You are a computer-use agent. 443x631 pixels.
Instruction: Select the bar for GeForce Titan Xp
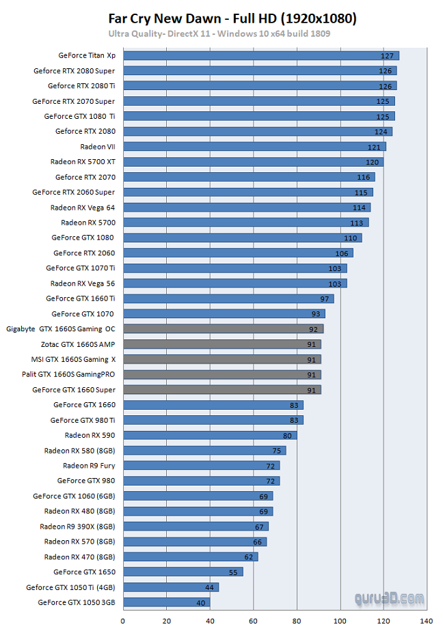(260, 55)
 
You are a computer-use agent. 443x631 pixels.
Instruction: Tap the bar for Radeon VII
(254, 146)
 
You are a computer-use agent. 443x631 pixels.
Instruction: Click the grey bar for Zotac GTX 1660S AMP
(221, 344)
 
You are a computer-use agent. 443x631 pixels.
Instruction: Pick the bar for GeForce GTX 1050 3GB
(166, 602)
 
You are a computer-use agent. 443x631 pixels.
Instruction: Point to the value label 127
(388, 55)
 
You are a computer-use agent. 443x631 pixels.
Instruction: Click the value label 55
(232, 572)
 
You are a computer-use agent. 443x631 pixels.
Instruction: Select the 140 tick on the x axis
(427, 621)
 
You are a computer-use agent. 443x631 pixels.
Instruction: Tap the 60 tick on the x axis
(253, 621)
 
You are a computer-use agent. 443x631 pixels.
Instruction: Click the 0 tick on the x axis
(123, 621)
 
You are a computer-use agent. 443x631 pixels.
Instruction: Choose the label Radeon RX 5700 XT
(83, 162)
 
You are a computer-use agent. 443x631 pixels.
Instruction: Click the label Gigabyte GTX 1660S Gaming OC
(61, 328)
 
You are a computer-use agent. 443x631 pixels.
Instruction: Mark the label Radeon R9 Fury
(89, 466)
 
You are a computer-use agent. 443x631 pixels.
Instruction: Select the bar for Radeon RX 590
(210, 435)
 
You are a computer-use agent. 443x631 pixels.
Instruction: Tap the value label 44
(209, 587)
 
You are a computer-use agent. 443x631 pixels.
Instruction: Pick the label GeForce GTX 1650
(84, 572)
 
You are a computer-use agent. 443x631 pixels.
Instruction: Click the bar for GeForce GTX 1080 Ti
(258, 116)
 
